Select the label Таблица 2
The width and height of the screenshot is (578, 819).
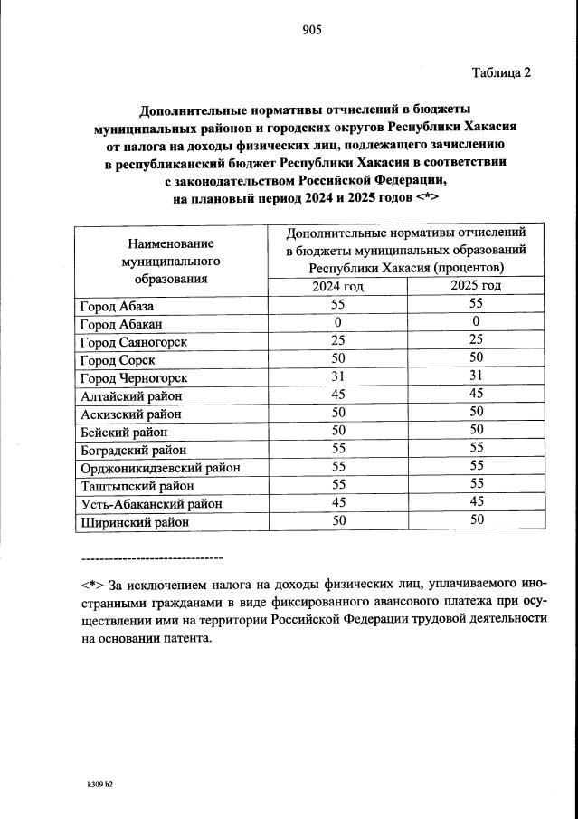tap(500, 72)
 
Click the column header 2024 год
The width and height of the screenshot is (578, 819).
tap(337, 286)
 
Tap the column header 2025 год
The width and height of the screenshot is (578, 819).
tap(477, 286)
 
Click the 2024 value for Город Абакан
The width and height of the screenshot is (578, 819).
tap(337, 323)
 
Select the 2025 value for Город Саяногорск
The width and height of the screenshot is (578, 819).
tap(477, 341)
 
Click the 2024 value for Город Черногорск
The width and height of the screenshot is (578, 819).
tap(337, 377)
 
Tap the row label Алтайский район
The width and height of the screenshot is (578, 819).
tap(130, 395)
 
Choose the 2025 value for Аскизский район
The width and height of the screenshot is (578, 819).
tap(477, 413)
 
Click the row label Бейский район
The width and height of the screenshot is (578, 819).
tap(124, 432)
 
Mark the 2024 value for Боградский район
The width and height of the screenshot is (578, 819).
tap(337, 449)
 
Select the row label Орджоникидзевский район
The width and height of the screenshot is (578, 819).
tap(159, 468)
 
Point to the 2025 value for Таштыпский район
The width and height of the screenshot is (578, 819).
tap(477, 485)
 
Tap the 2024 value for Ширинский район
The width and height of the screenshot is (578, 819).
tap(337, 520)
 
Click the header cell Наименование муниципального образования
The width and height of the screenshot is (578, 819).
tap(171, 261)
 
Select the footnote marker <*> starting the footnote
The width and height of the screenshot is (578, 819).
tap(91, 583)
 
